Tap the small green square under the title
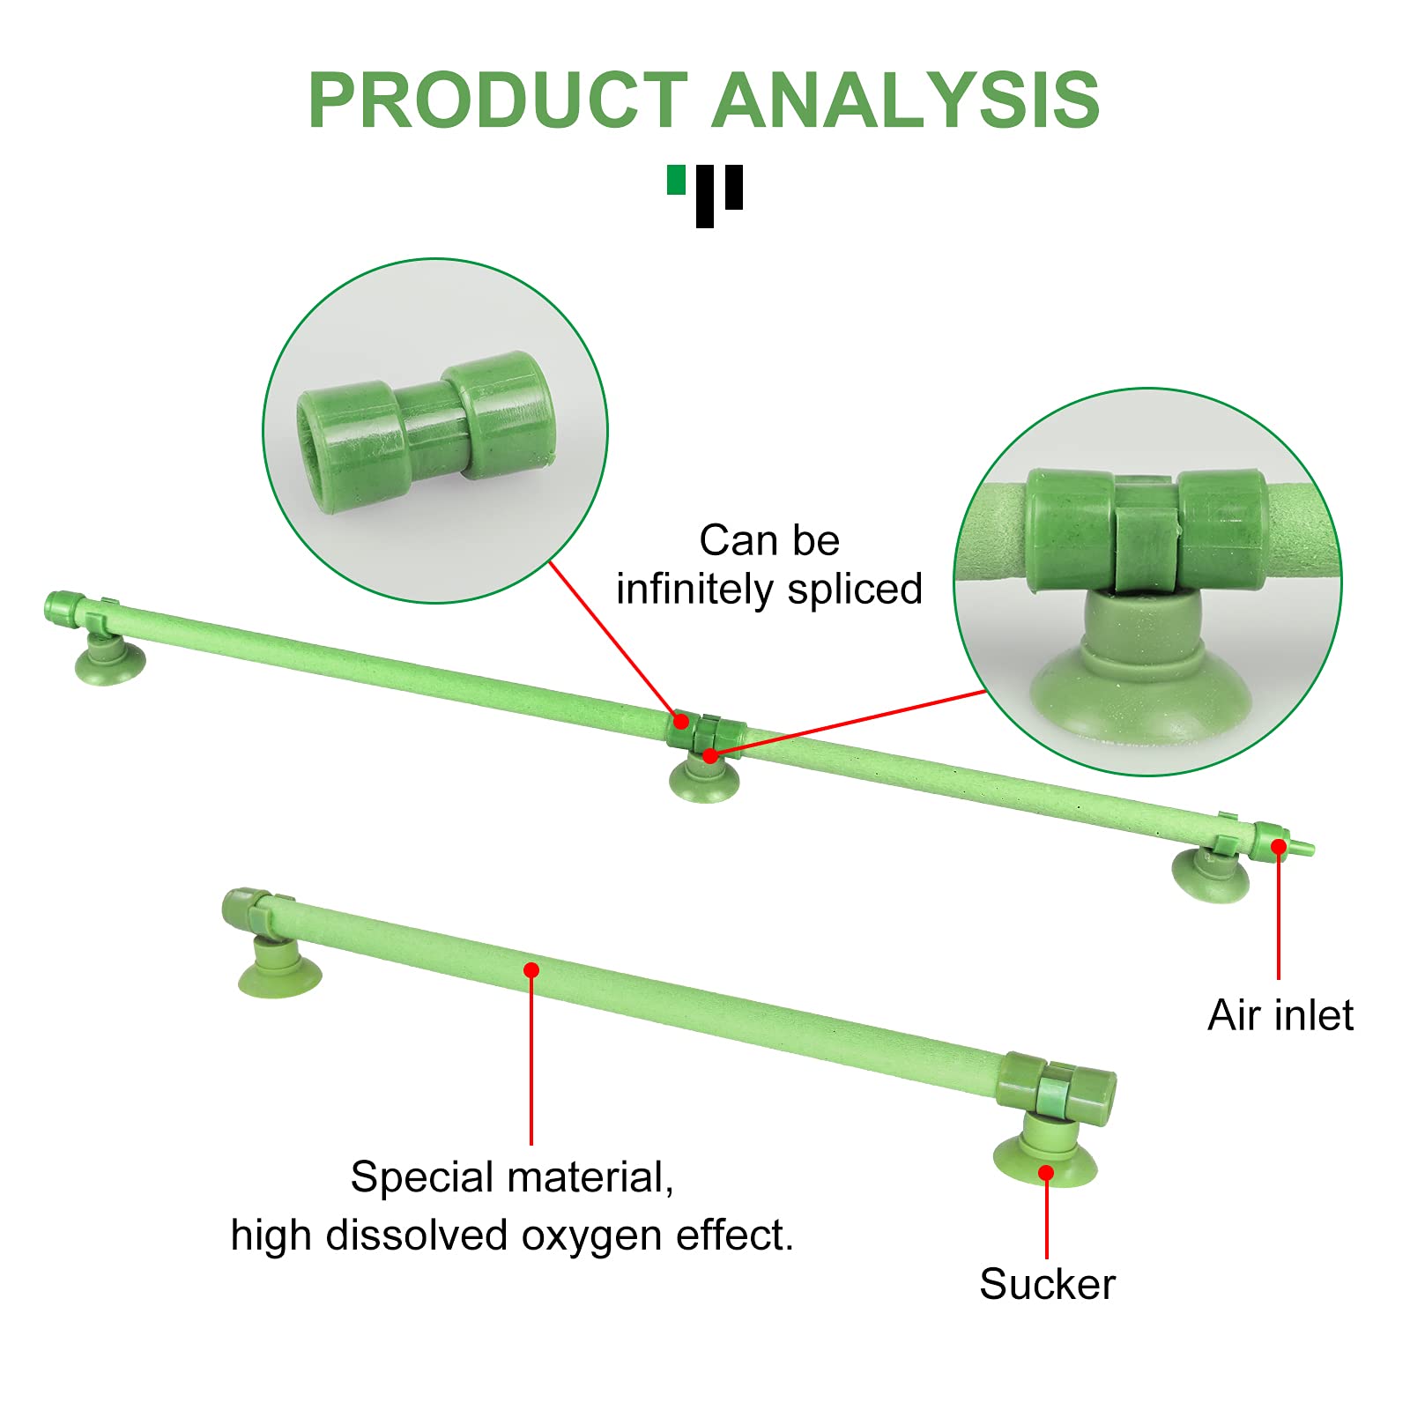[x=677, y=179]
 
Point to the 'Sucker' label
[x=1047, y=1284]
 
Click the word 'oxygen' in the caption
[x=594, y=1236]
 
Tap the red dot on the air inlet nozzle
[x=1279, y=846]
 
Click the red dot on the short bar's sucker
[x=1046, y=1173]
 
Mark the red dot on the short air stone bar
[x=531, y=970]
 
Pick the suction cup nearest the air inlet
[x=1211, y=872]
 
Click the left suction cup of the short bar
[x=279, y=969]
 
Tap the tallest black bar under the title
[x=705, y=197]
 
